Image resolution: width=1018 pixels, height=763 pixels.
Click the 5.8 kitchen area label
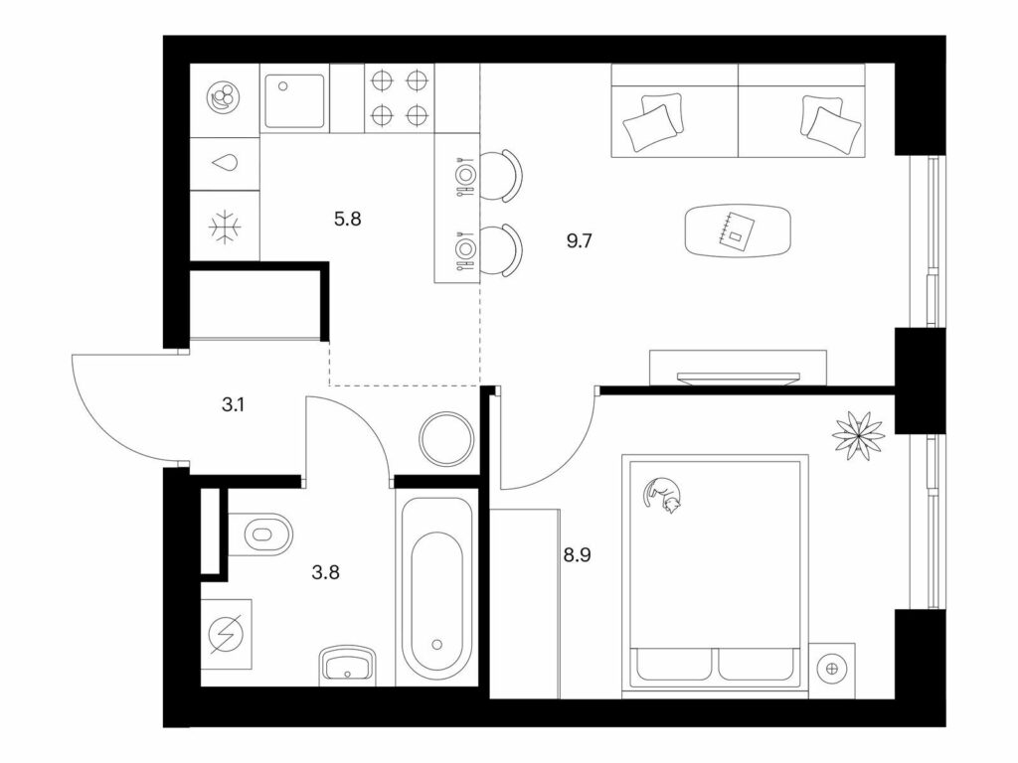tap(347, 220)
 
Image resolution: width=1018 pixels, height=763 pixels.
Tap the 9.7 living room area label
tap(580, 241)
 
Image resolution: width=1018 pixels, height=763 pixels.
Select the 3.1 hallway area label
tap(233, 405)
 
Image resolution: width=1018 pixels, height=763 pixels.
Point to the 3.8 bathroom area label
tap(325, 573)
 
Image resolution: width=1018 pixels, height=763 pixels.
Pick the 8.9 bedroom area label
tap(577, 555)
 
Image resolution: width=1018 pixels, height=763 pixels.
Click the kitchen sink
tap(294, 100)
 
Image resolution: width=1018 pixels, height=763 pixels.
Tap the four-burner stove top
tap(400, 98)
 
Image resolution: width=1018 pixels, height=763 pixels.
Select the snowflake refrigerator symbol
tap(225, 228)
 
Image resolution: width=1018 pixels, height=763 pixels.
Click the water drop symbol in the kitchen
tap(225, 163)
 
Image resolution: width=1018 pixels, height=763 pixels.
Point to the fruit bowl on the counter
tap(224, 99)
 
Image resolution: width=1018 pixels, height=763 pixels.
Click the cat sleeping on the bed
tap(661, 495)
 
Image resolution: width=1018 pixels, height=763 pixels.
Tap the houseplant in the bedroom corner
tap(858, 436)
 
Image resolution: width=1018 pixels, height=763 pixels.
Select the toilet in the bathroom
tap(261, 534)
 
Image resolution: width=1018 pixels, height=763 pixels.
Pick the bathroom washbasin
tap(348, 665)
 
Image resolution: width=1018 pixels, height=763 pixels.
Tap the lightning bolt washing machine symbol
tap(226, 634)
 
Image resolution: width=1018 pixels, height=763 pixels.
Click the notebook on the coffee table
tap(736, 229)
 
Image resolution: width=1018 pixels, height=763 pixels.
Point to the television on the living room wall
tap(739, 378)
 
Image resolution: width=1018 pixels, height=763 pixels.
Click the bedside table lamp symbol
tap(832, 668)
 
